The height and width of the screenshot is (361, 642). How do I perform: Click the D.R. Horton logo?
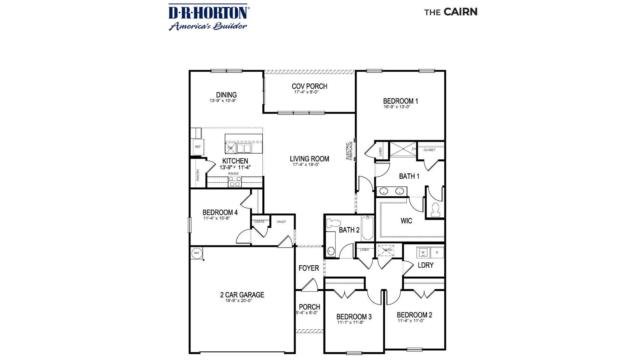pos(208,17)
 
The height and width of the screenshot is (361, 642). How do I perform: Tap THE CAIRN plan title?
pos(451,12)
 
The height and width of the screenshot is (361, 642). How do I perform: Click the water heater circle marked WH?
pos(197,253)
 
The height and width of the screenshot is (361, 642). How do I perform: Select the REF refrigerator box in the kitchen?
pos(198,147)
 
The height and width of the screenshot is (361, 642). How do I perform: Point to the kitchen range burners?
pos(235,182)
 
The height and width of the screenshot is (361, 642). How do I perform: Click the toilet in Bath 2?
pos(333,223)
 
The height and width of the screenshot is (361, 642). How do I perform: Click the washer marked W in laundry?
pos(423,252)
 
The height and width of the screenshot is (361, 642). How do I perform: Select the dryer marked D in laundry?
pos(437,252)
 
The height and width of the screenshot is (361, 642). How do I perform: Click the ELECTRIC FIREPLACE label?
pos(349,151)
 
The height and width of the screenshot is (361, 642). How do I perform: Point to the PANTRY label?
pos(198,175)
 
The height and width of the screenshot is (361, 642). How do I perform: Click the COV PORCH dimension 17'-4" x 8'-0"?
pos(306,92)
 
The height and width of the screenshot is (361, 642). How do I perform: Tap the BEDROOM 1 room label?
pos(400,101)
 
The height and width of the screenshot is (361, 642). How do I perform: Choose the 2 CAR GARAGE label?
pos(242,295)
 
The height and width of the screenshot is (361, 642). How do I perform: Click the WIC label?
pos(406,221)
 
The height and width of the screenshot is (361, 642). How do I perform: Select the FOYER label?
pos(308,268)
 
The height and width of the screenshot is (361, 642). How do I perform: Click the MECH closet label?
pos(388,250)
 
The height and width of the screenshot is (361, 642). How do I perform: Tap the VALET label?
pos(281,221)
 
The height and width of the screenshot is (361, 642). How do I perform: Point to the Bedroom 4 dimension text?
pos(217,218)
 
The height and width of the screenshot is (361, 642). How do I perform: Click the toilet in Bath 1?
pos(435,210)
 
